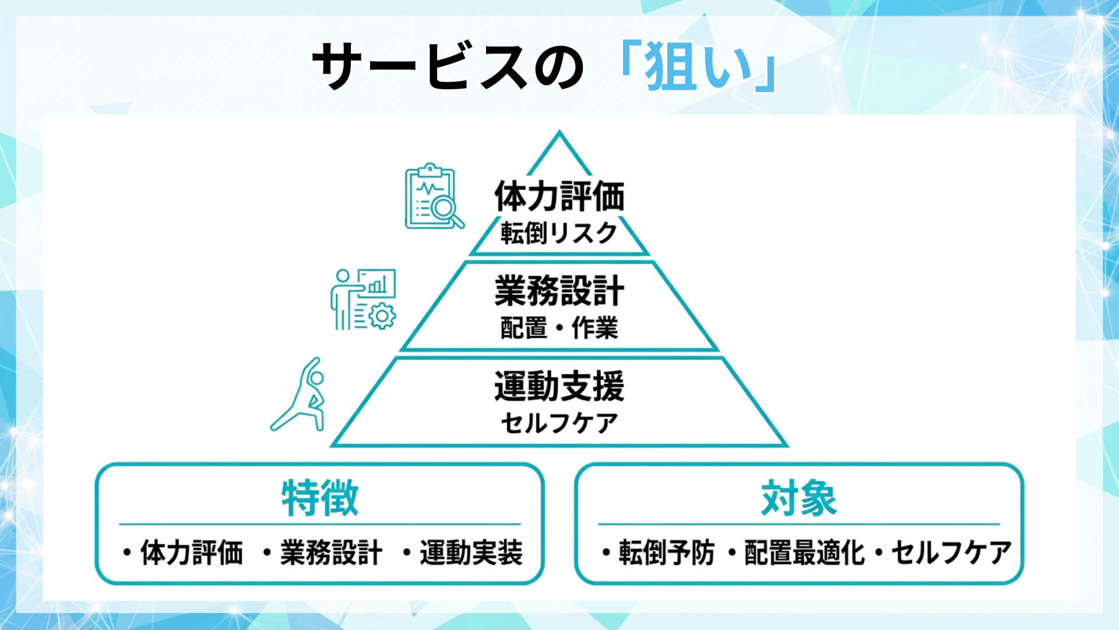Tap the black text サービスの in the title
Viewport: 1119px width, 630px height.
[448, 66]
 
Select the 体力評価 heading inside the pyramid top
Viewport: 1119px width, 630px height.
[559, 196]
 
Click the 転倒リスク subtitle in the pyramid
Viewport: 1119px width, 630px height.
[559, 233]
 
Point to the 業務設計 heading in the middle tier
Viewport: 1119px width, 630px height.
[559, 290]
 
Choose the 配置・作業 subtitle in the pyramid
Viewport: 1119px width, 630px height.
[559, 328]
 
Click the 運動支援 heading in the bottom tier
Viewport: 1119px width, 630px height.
[559, 386]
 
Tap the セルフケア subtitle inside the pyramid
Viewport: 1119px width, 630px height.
[559, 423]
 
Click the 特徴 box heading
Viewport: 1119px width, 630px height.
[319, 499]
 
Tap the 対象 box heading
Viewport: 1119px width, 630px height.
[798, 499]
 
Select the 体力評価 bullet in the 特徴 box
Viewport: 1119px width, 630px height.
[191, 553]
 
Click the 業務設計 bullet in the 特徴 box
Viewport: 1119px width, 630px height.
[331, 553]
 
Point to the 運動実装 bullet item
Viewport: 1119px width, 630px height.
[471, 553]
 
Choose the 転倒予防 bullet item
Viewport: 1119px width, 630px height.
[666, 553]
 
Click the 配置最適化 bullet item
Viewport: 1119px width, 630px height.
[804, 553]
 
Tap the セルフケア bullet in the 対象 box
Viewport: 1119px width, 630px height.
[951, 553]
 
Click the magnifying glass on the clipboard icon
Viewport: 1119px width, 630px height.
[446, 209]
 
